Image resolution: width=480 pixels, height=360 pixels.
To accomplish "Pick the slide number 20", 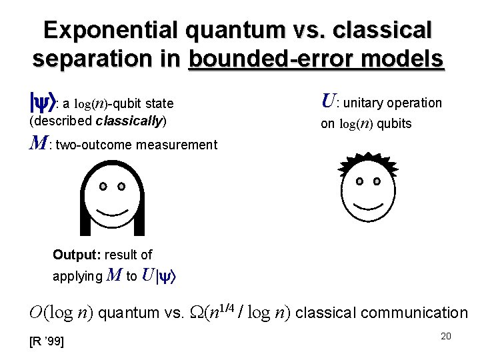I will (446, 336).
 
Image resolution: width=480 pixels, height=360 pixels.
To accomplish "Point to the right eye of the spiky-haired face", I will (377, 181).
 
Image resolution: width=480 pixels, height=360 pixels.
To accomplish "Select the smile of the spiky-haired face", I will (367, 202).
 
